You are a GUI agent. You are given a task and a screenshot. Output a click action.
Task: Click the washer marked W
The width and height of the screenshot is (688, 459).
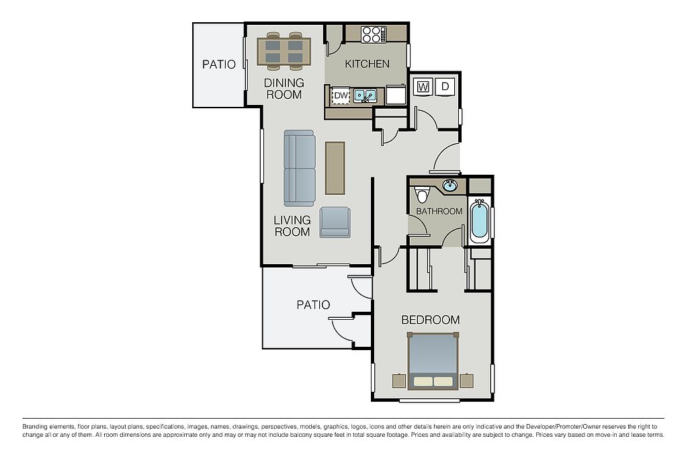coord(423,87)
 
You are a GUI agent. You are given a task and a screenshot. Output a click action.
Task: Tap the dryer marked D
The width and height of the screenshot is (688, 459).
coord(445,87)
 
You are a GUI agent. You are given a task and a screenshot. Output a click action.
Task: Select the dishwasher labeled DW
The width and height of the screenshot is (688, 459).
coord(341,95)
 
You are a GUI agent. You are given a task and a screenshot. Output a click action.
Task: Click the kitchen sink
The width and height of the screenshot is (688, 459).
coord(365,95)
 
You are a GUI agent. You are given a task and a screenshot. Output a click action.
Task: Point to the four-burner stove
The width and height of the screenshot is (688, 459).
coord(374,35)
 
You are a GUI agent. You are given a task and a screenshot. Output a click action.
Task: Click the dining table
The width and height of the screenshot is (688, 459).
coord(284,51)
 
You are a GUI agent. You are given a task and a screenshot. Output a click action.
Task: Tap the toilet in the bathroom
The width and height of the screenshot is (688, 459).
coord(422,194)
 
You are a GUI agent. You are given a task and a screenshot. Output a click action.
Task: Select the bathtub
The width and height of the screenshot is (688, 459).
coord(479,222)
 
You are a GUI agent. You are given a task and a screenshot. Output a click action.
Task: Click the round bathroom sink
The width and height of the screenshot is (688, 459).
coord(449,185)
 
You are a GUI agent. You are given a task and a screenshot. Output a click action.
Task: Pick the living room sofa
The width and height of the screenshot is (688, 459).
coord(299,168)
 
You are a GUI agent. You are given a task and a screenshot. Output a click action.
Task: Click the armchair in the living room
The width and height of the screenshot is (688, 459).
coord(335,222)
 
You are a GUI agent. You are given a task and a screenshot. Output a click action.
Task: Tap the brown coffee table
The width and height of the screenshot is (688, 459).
coord(335,167)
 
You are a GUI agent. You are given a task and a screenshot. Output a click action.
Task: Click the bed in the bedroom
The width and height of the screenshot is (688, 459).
coord(433,361)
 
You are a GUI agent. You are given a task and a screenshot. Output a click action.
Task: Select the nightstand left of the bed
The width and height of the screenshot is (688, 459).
coord(399,380)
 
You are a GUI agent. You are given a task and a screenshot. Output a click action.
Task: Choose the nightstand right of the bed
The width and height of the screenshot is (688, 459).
coord(466,380)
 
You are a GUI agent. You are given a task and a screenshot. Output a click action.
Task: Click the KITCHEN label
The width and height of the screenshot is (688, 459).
coord(368,64)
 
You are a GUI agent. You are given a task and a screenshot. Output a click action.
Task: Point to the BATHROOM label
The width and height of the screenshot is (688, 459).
coord(439,211)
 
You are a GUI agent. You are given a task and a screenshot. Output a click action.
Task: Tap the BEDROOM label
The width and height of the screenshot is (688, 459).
coord(431,319)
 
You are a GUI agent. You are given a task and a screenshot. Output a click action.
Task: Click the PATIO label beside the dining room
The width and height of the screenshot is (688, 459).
coord(219,65)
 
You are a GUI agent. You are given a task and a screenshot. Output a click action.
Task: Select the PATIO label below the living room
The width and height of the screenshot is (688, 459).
coord(313,304)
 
